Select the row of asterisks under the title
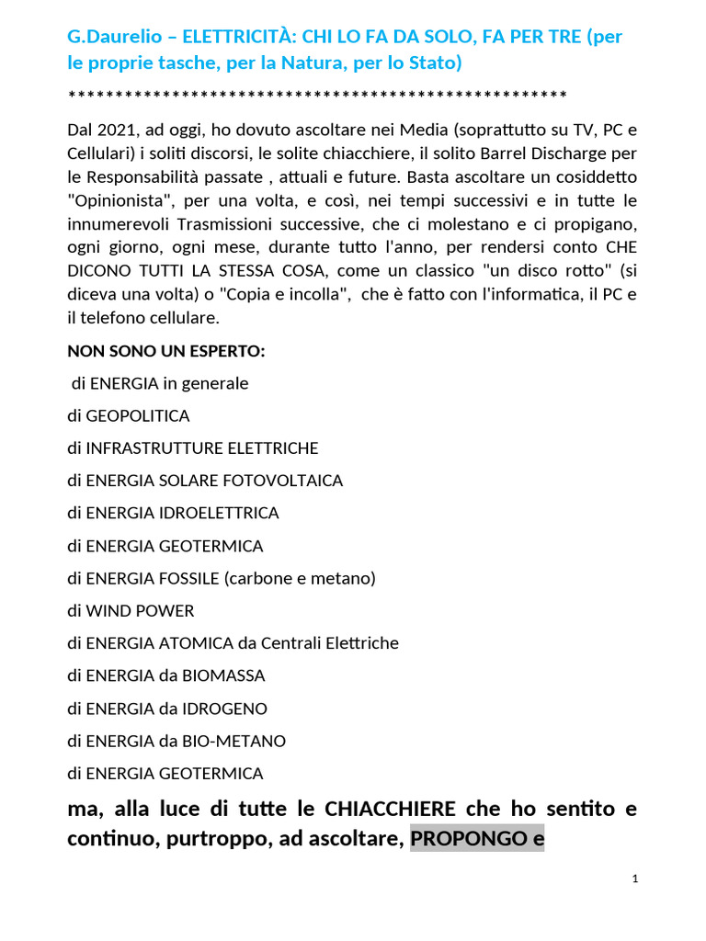(x=317, y=96)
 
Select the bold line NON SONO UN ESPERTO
(x=166, y=351)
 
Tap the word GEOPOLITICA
(x=137, y=416)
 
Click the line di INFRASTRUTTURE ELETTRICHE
(x=193, y=448)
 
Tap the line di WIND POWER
(x=131, y=610)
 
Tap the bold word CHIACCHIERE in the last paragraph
(x=391, y=809)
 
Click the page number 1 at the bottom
(x=635, y=879)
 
